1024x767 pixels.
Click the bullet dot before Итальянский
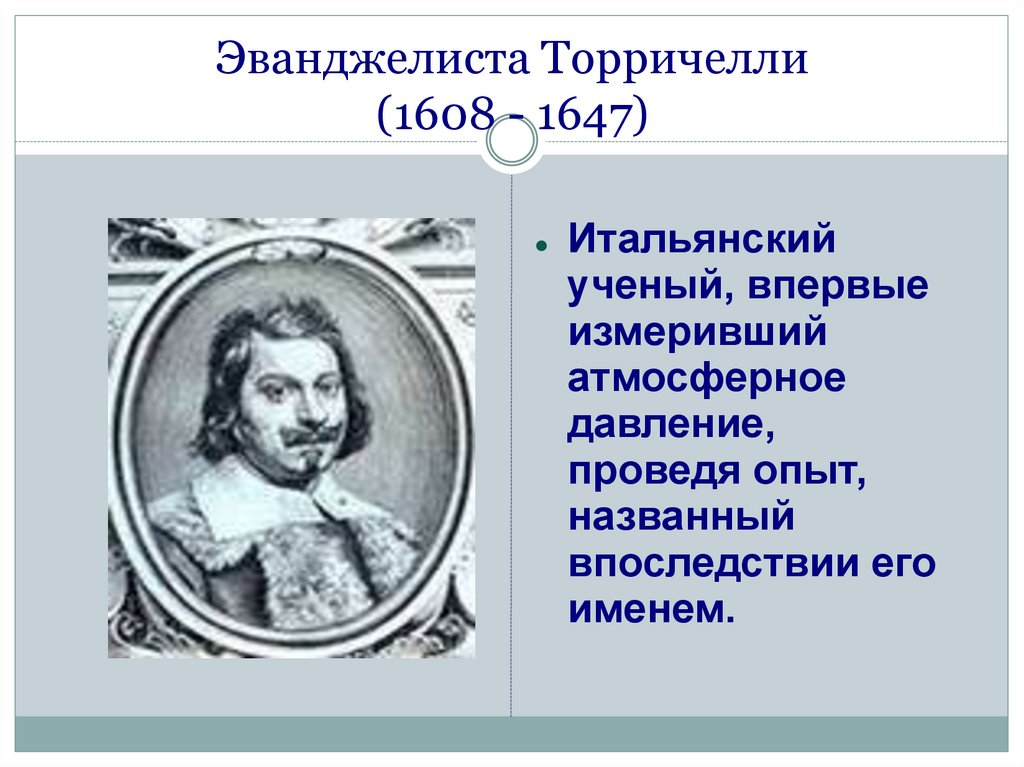540,246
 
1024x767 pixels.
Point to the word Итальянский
701,241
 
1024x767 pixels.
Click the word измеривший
698,333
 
